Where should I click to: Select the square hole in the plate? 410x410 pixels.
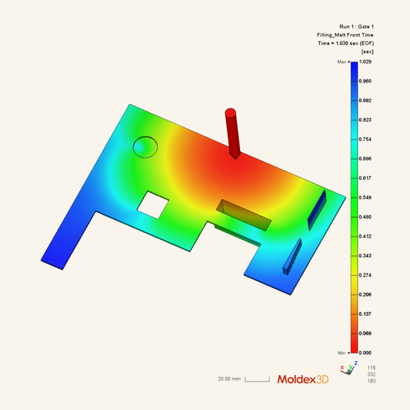click(153, 205)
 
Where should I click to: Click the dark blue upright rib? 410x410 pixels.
click(317, 210)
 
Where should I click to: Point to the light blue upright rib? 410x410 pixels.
click(292, 257)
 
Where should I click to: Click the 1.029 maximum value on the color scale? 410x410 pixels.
click(365, 62)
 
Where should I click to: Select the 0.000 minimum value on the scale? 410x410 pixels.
click(365, 353)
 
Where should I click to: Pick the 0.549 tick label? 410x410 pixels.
click(365, 197)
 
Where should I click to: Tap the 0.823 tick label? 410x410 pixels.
click(365, 120)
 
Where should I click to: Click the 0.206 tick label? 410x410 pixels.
click(365, 295)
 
